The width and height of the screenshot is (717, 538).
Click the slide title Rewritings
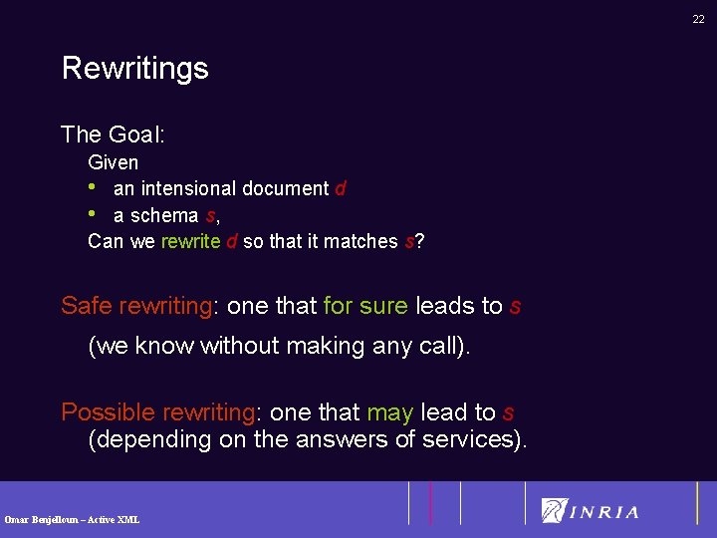(134, 68)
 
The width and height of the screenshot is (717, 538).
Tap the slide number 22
(698, 19)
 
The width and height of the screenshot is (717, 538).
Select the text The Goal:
(113, 134)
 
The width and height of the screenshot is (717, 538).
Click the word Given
(114, 161)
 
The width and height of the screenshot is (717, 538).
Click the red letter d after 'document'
(341, 188)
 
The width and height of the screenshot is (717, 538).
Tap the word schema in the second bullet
(163, 215)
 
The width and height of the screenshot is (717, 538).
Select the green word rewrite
(191, 242)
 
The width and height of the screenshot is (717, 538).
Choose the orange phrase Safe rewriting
(136, 306)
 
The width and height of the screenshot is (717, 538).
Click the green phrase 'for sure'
(365, 306)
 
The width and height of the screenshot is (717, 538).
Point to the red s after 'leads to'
(515, 306)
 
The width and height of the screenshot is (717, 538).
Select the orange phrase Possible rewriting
(157, 412)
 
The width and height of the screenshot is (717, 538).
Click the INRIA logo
(590, 511)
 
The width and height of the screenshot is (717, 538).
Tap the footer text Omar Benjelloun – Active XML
(72, 519)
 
